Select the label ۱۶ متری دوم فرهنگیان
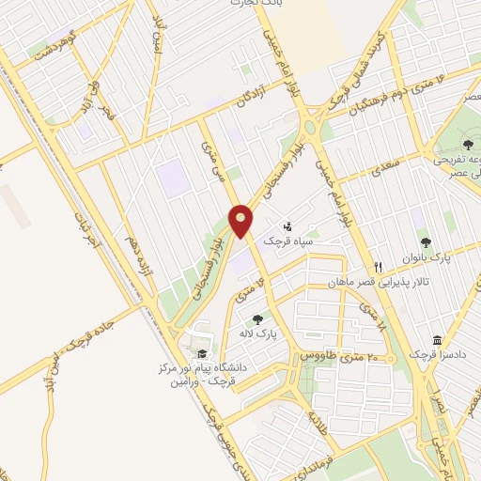[398, 101]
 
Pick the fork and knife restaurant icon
[377, 266]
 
